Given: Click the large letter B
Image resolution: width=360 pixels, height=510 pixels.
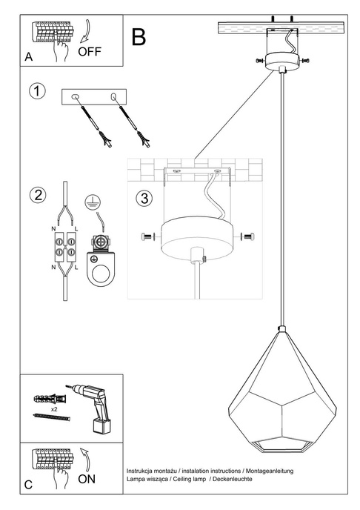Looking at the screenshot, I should tap(138, 37).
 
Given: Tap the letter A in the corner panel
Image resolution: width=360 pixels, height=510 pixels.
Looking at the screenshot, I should tap(28, 56).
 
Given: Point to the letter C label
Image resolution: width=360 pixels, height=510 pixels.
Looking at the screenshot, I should tap(28, 485).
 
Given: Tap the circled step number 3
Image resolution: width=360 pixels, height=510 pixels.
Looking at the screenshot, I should tap(144, 199).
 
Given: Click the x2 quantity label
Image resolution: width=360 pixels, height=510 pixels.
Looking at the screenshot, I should tap(55, 408).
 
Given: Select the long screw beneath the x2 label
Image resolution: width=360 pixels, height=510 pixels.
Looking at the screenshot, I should tap(51, 419).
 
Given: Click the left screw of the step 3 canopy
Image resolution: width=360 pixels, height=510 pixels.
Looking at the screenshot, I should tap(146, 236).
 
